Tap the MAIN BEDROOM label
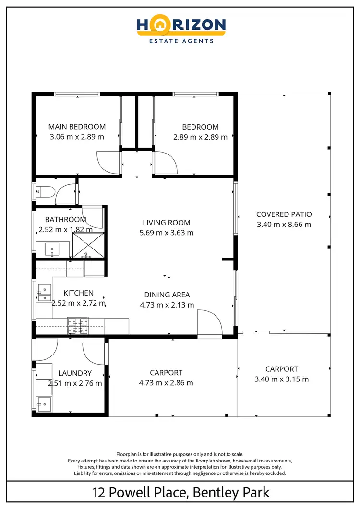(77, 127)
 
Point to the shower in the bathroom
(88, 245)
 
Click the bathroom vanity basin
(52, 249)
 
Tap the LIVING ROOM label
(167, 223)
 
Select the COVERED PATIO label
(284, 214)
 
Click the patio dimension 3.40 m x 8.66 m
(284, 225)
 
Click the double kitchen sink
(44, 293)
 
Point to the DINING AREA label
(167, 295)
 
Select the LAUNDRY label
(75, 373)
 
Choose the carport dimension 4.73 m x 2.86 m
(166, 383)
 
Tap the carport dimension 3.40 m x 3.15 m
(281, 379)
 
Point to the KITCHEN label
(79, 293)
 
